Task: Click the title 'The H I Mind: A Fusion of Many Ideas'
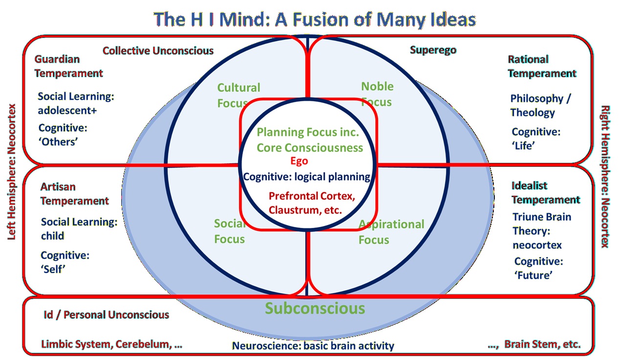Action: (314, 19)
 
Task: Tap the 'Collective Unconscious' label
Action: (158, 50)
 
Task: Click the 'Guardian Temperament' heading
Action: (68, 66)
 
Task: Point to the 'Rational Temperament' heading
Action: (542, 67)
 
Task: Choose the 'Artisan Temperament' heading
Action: (74, 194)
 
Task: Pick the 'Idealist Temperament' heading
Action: (545, 193)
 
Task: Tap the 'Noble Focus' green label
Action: (376, 94)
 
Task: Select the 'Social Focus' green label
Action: (229, 231)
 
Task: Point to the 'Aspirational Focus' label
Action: (391, 231)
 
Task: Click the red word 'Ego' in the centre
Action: (299, 161)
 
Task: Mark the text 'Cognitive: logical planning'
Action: (307, 177)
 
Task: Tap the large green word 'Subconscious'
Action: (315, 309)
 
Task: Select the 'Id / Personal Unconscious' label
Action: (106, 315)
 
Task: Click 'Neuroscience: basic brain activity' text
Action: (313, 346)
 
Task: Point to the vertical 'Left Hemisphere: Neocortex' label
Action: (12, 171)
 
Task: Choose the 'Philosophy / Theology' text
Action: (540, 105)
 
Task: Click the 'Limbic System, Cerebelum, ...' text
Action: (111, 344)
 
